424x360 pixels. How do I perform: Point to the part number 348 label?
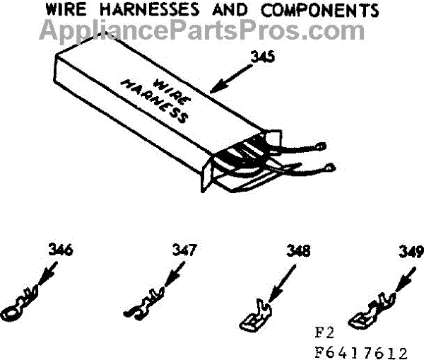tap(299, 252)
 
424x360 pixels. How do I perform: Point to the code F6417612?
tap(360, 351)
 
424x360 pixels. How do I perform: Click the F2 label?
tap(324, 334)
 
